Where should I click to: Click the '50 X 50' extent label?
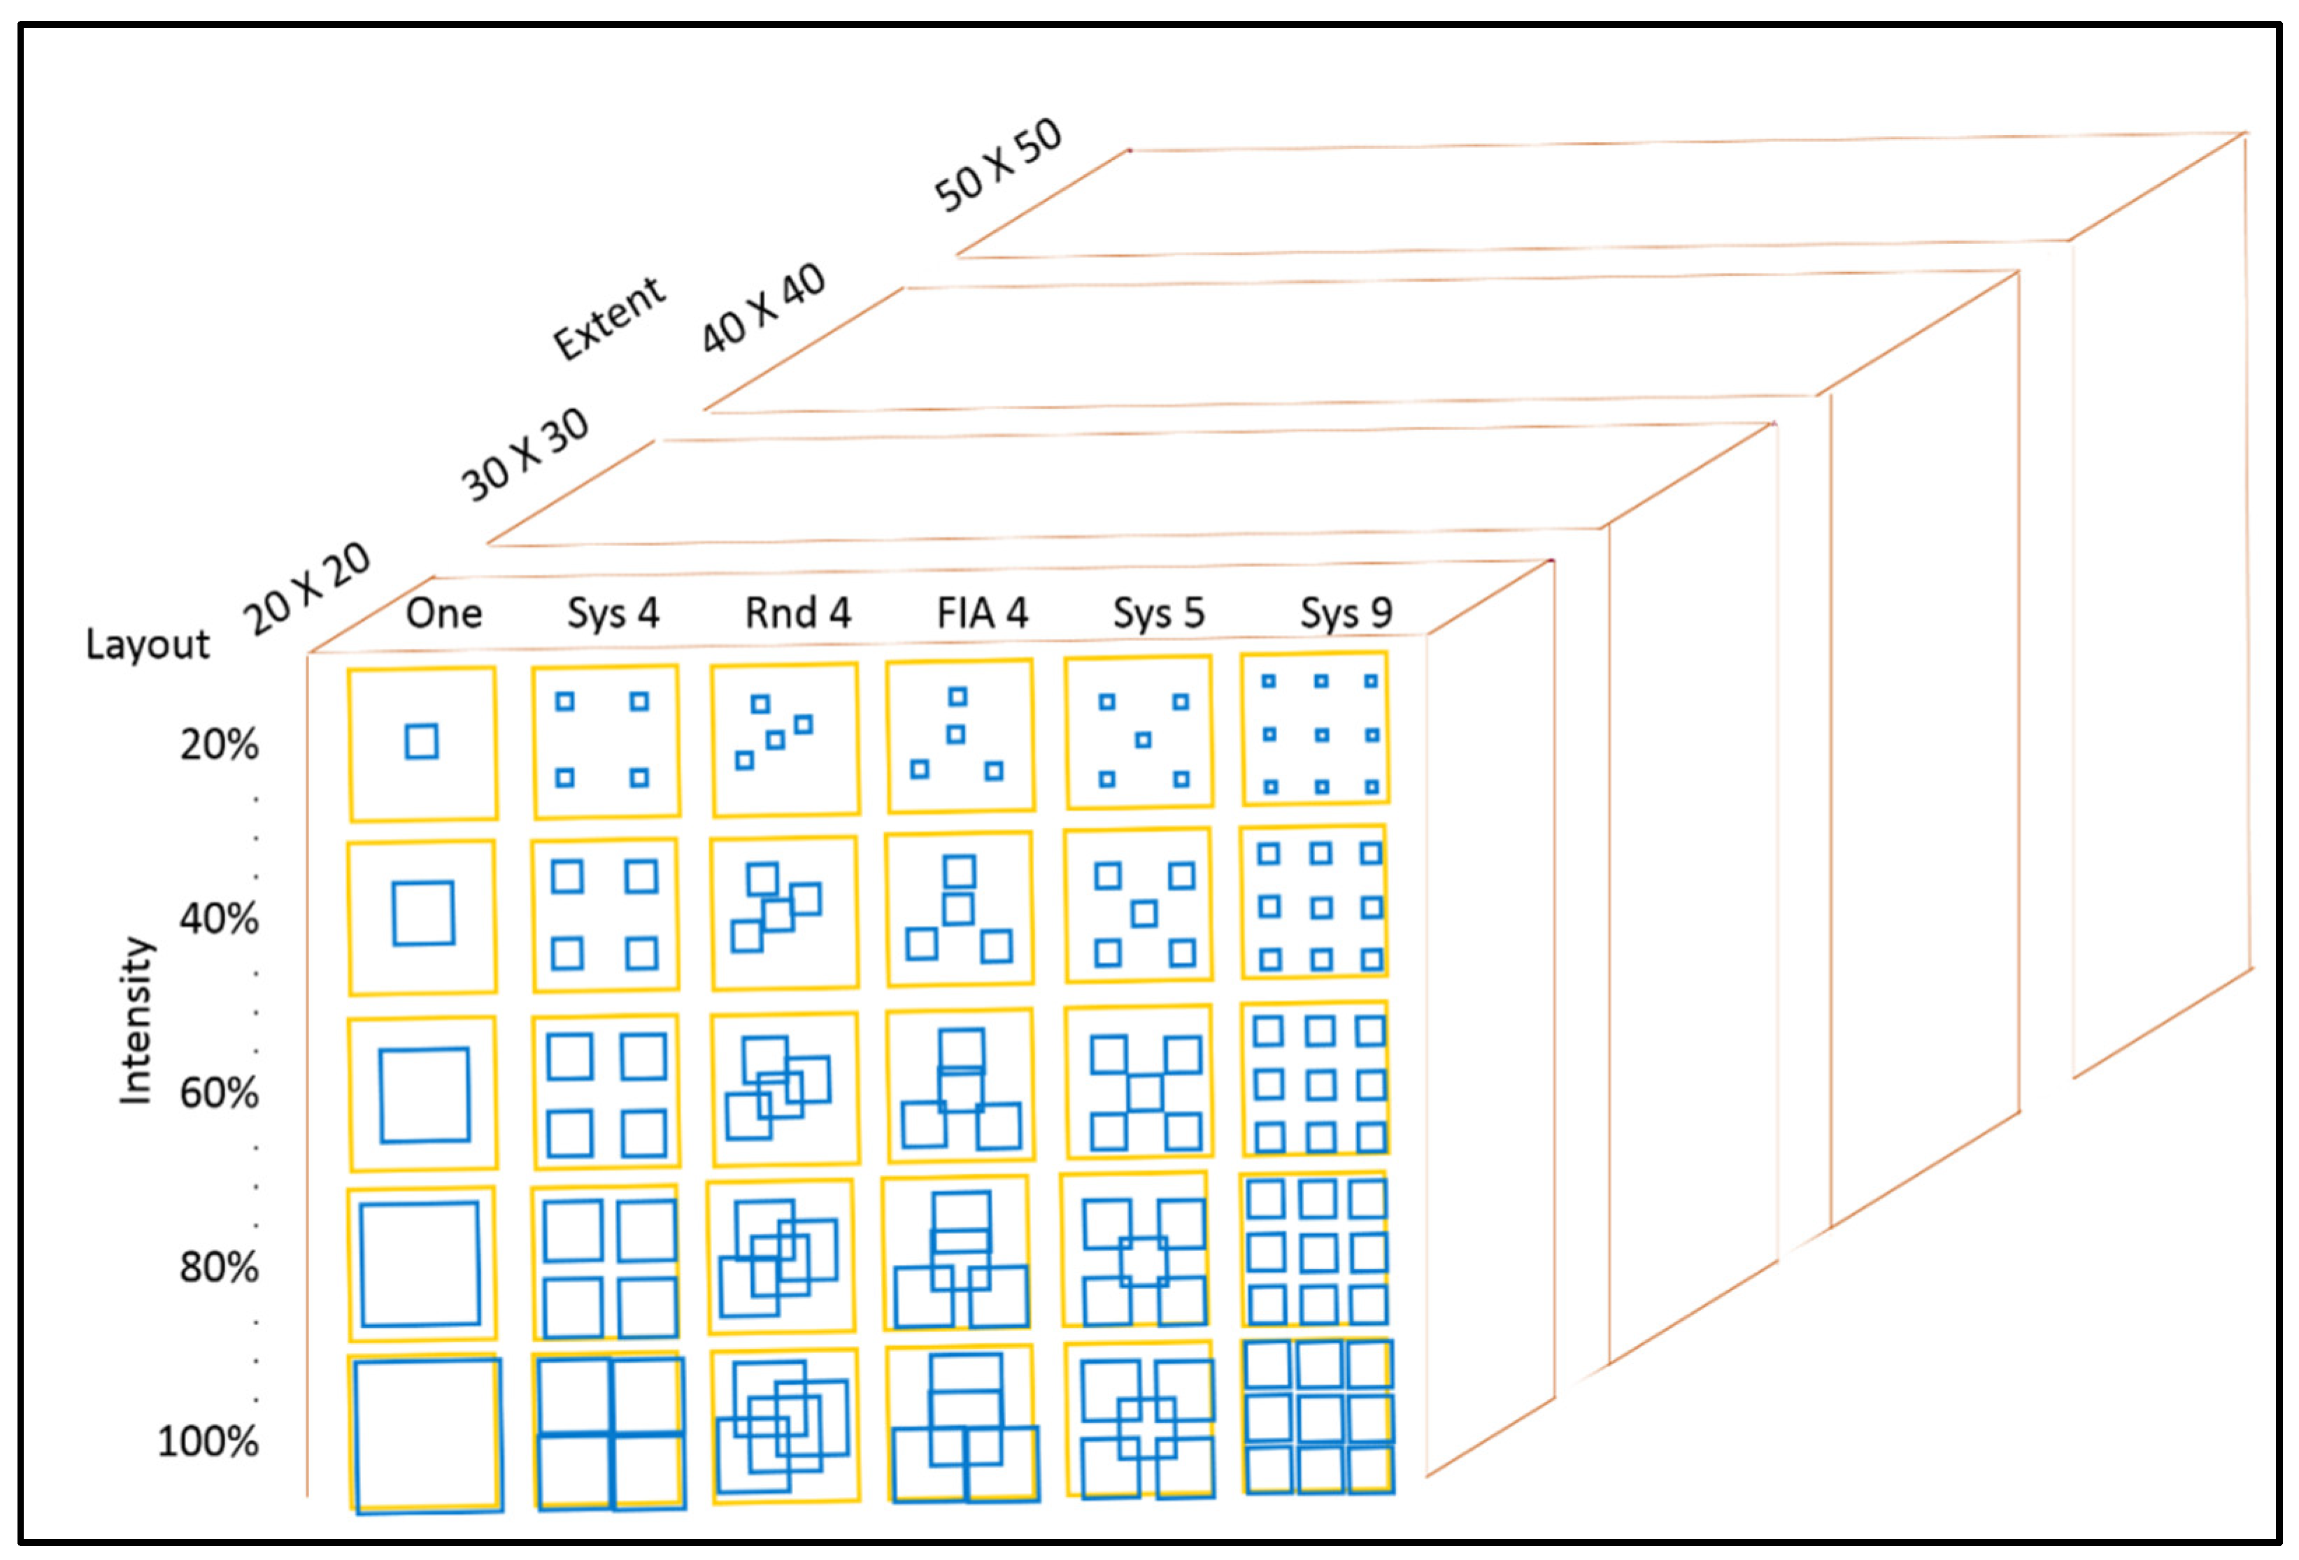click(997, 165)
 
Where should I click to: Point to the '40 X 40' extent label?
click(762, 308)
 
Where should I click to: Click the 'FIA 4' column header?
click(981, 613)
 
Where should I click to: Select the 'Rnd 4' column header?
click(797, 613)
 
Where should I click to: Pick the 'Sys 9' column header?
click(1346, 613)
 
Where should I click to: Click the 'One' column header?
click(443, 613)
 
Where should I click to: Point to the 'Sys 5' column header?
click(1158, 613)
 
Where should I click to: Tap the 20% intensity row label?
click(219, 745)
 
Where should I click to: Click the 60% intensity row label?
click(219, 1093)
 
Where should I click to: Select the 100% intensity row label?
click(208, 1441)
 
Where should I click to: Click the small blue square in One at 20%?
click(422, 742)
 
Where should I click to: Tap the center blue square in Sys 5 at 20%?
click(1143, 740)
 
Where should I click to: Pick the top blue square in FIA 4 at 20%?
click(958, 696)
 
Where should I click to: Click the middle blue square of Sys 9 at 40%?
click(1321, 907)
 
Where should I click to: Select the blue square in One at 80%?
click(420, 1264)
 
